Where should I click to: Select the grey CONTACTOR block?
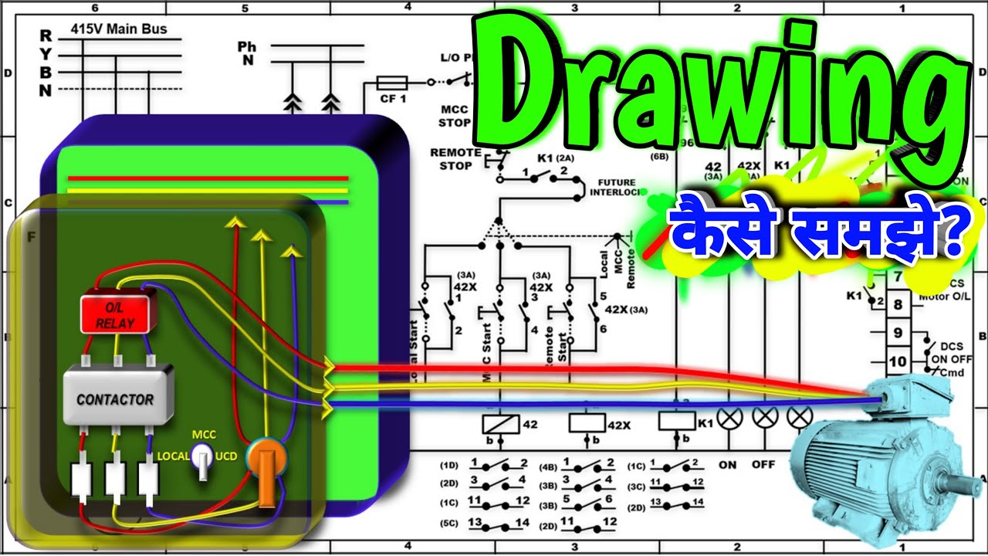click(x=117, y=396)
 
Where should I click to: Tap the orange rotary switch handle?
click(x=266, y=479)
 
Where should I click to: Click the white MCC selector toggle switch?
click(x=202, y=457)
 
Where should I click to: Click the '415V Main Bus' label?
click(x=118, y=29)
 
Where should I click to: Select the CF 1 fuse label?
click(x=392, y=99)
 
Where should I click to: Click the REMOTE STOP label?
click(x=455, y=158)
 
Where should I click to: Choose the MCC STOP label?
click(x=455, y=116)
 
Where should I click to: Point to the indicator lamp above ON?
click(x=727, y=418)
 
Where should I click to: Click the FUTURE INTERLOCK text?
click(x=613, y=188)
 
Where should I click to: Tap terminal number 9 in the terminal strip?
click(x=897, y=333)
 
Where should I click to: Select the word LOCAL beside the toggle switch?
click(x=173, y=456)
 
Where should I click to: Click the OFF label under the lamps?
click(x=763, y=465)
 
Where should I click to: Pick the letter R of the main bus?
click(x=46, y=36)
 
